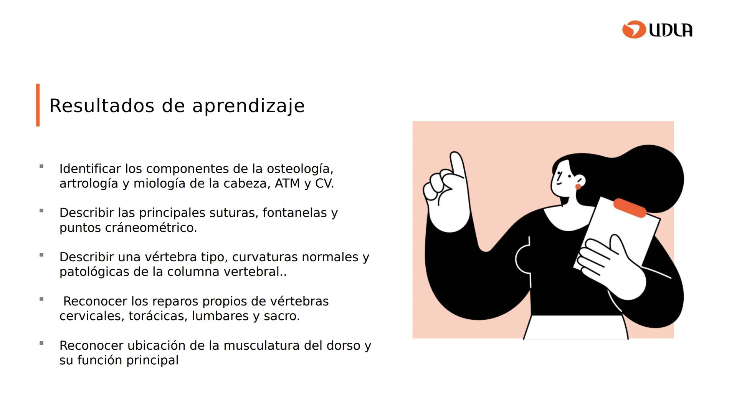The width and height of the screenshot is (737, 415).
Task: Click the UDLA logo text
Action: click(671, 30)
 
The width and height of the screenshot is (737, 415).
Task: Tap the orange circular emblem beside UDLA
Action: click(634, 30)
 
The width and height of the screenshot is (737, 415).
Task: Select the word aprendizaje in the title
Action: click(248, 106)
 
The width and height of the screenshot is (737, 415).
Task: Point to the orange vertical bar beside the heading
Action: click(38, 105)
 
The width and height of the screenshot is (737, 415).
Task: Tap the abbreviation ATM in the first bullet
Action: click(287, 183)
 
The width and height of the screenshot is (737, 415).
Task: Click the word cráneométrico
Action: click(151, 227)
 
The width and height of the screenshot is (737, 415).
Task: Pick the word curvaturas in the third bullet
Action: click(263, 257)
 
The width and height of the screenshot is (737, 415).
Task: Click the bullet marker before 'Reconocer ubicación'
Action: click(41, 343)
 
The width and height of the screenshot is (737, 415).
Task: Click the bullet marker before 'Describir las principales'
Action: click(41, 211)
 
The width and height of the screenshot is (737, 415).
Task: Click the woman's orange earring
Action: click(578, 186)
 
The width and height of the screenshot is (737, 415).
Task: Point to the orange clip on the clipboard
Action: click(630, 208)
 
